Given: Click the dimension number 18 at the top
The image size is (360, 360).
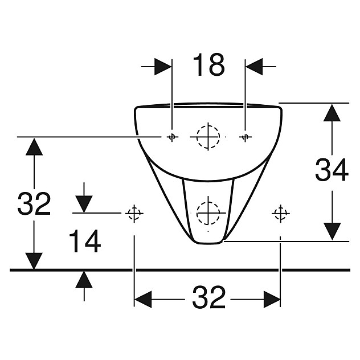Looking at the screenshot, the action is click(209, 65).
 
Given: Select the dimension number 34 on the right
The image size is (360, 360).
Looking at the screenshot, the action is click(332, 170).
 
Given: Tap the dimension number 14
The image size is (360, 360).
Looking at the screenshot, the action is click(85, 241).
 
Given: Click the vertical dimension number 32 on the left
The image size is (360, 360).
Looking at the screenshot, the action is click(34, 204).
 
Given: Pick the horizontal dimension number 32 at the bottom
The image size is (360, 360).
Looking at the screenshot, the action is click(208, 297).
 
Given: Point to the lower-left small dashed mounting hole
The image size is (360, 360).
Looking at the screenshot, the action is click(134, 214).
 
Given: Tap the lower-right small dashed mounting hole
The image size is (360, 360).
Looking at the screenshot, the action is click(280, 214).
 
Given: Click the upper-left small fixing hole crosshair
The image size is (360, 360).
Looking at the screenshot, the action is click(172, 137).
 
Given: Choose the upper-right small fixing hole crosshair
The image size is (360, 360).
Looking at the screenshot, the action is click(245, 137).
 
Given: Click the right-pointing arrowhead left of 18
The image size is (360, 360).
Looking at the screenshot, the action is click(163, 67).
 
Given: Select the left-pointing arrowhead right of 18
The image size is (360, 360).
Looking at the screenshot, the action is click(254, 67).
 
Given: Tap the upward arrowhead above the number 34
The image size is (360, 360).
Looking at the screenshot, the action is click(332, 113).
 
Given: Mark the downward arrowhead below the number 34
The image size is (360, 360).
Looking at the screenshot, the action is click(332, 231).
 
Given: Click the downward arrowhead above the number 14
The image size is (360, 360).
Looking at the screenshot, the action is click(84, 204).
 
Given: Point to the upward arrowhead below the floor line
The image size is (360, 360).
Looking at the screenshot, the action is click(84, 280).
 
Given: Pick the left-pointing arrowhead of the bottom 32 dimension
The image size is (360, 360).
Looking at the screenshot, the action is click(143, 300).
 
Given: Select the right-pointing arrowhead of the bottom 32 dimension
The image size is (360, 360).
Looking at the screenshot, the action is click(272, 300).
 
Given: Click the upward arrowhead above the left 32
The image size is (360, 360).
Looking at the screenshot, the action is click(34, 147).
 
